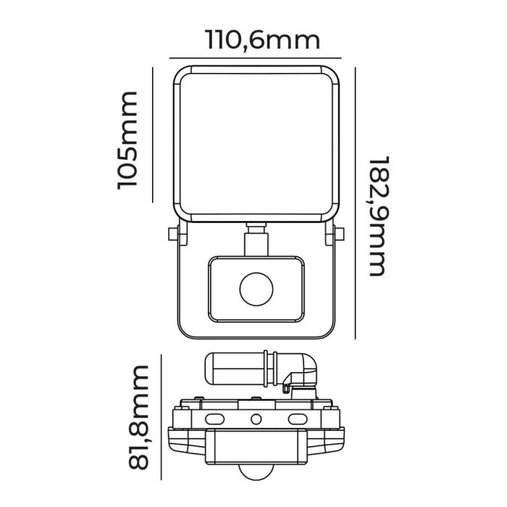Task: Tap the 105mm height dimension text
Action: point(128,139)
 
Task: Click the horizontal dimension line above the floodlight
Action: point(256,56)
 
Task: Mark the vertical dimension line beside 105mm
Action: point(153,135)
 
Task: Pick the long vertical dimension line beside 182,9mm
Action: point(356,202)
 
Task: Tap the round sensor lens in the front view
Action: point(256,288)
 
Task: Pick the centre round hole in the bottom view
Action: point(256,419)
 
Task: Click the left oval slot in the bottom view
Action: point(215,419)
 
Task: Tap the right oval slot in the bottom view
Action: point(297,419)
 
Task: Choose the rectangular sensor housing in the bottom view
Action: point(256,449)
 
